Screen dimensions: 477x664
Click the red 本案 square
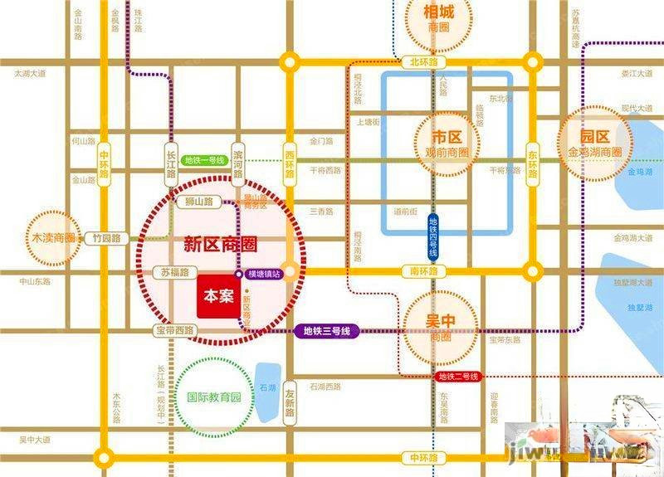pos(218,296)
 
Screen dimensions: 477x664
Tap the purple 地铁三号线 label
pos(328,332)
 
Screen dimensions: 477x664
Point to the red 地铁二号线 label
pos(458,377)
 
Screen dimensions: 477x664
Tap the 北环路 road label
pos(422,62)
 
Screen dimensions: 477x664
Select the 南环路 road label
pos(422,270)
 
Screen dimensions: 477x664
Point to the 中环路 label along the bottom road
pos(422,457)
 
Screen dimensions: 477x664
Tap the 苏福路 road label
pos(175,272)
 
